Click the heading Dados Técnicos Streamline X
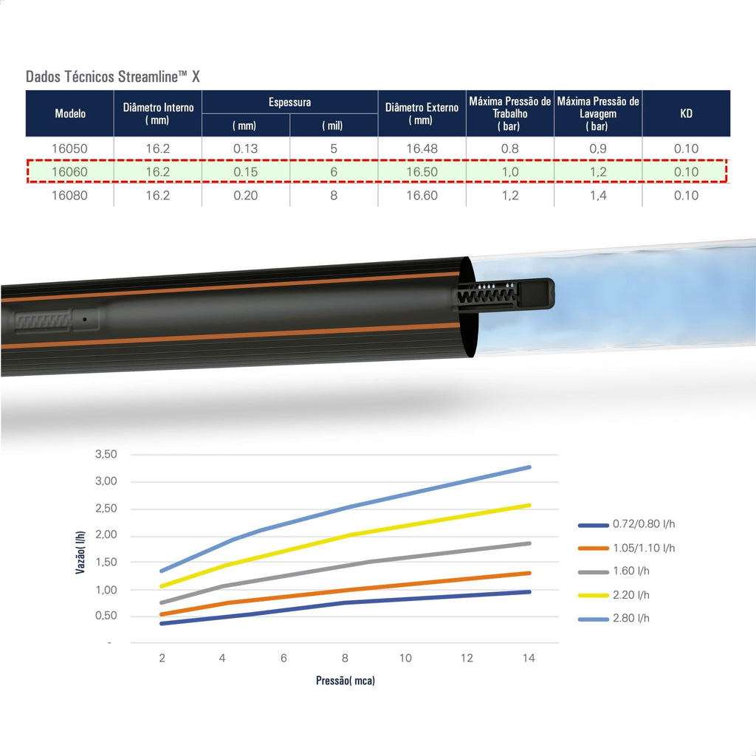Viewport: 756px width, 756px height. click(x=113, y=77)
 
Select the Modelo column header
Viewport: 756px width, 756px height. click(x=70, y=113)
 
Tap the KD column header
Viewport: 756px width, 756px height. click(x=686, y=113)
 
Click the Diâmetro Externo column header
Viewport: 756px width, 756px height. click(x=422, y=114)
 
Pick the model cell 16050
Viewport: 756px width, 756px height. click(x=70, y=148)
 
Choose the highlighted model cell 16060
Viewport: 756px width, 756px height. click(x=70, y=171)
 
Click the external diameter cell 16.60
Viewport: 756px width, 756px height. click(x=422, y=195)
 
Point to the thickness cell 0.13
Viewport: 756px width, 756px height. click(x=245, y=148)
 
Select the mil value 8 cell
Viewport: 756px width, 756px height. click(x=334, y=195)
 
